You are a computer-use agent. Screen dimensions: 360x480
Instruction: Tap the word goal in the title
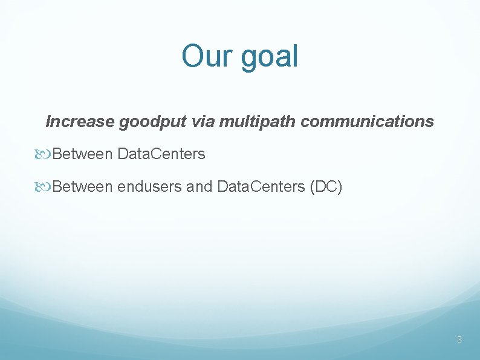tap(269, 57)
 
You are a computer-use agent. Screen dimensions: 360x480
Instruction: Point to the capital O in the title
tap(193, 56)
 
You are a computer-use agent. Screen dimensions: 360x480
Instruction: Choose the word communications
tap(367, 122)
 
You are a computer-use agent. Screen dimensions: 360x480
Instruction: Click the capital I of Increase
tap(49, 122)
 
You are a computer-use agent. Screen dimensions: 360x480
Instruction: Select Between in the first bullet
tap(83, 154)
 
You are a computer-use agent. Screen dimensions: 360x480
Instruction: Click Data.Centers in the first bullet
tap(161, 154)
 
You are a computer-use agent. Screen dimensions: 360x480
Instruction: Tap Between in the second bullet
tap(83, 187)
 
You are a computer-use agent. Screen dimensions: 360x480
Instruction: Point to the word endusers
tap(150, 187)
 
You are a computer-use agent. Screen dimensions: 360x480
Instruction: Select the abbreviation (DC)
tap(326, 187)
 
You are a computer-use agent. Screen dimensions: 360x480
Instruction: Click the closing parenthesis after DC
tap(340, 187)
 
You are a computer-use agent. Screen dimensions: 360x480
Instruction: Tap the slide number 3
tap(459, 339)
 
